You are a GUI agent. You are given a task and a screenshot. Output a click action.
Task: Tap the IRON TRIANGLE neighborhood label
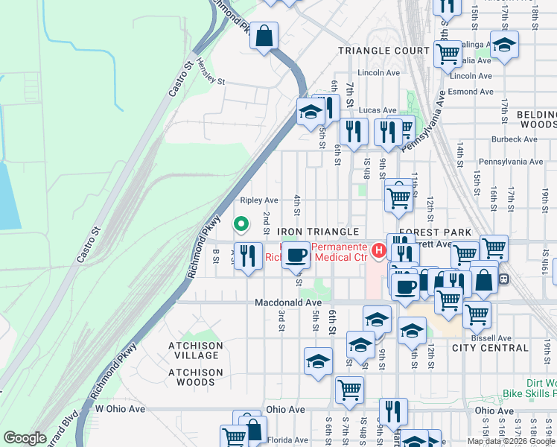[x=319, y=232]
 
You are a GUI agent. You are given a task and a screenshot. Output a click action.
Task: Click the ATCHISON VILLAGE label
[x=195, y=350]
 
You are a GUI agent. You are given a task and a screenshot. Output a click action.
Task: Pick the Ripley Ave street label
[x=258, y=200]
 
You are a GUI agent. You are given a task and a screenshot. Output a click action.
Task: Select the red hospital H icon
[x=379, y=250]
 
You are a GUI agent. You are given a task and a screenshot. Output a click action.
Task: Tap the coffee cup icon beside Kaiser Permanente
[x=296, y=254]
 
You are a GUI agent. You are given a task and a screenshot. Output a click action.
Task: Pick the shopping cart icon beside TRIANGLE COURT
[x=447, y=52]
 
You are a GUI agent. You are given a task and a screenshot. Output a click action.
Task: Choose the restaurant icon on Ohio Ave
[x=393, y=411]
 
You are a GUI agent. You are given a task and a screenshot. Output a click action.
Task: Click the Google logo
[x=25, y=438]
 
